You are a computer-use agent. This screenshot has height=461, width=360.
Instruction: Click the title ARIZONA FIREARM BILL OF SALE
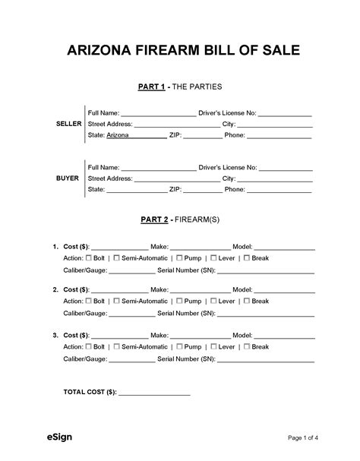(x=180, y=51)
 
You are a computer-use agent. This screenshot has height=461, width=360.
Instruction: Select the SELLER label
(x=69, y=123)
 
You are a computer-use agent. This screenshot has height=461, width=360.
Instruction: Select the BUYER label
(x=68, y=178)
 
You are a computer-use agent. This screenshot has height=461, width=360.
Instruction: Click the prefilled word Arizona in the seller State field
(x=118, y=135)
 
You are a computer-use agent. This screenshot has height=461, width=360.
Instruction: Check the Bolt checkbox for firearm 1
(x=89, y=257)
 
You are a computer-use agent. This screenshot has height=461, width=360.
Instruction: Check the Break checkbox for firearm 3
(x=247, y=346)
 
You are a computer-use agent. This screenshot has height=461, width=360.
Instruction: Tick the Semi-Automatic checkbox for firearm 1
(x=115, y=257)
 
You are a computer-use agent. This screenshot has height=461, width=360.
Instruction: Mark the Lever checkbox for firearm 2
(x=213, y=301)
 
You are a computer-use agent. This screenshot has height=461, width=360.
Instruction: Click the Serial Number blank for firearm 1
(x=270, y=271)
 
